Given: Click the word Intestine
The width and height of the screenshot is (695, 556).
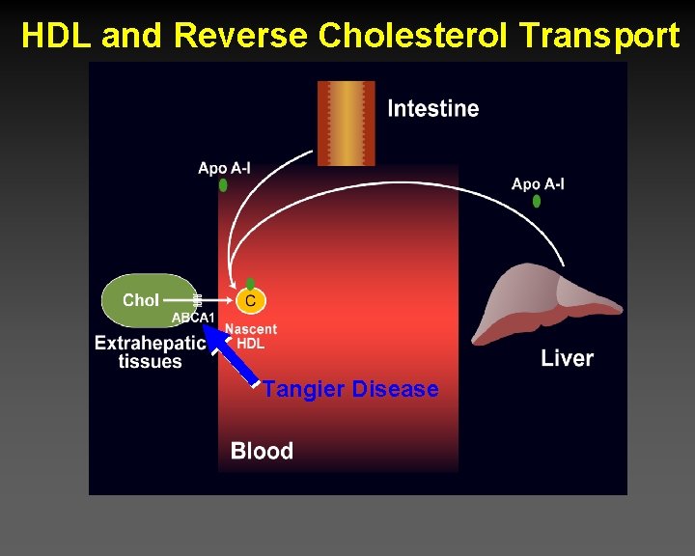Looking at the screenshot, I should click(432, 108).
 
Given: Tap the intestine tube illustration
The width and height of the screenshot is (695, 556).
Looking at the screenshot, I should click(346, 123).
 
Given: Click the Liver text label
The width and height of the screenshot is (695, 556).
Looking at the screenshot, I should click(567, 358).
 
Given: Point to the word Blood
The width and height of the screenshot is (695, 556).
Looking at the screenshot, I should click(262, 451).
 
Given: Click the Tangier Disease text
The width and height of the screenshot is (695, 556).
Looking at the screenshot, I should click(350, 389).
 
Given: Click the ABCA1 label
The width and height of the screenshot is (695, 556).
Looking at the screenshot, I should click(193, 318).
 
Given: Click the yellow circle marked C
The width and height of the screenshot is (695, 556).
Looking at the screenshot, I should click(250, 301).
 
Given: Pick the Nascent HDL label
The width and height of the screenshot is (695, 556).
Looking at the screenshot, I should click(251, 336).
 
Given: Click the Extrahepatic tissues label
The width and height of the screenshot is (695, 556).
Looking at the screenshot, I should click(151, 351).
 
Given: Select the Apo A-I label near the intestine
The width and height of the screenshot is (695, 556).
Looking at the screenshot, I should click(224, 168).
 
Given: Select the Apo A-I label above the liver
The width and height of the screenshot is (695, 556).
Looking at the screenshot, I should click(538, 183).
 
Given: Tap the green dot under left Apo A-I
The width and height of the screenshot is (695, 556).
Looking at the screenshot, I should click(223, 185).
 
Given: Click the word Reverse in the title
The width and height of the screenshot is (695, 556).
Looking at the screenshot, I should click(241, 37).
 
